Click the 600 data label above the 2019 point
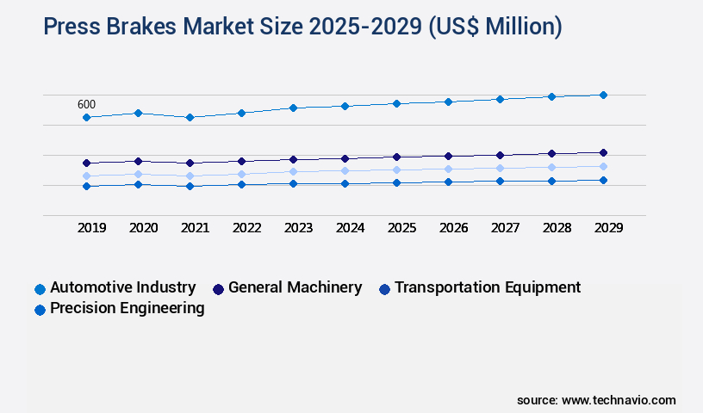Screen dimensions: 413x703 point(86,104)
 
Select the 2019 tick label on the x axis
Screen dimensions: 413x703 point(91,228)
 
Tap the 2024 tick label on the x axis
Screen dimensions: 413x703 point(350,228)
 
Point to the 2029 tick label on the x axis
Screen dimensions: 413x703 point(608,228)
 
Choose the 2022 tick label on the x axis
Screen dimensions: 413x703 point(246,228)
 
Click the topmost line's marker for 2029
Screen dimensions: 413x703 point(603,95)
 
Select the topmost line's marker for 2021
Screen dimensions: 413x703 point(190,117)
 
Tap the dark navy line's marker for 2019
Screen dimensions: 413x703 point(86,163)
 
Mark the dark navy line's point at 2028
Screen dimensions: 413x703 point(551,154)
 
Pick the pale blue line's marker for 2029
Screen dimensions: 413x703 point(603,166)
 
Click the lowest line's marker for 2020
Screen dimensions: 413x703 point(138,184)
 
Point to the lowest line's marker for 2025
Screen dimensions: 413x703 point(396,182)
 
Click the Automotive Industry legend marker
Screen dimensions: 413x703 point(40,289)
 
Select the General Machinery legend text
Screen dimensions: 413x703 point(295,287)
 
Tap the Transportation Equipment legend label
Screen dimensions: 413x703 point(488,287)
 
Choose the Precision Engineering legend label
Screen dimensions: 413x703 point(127,308)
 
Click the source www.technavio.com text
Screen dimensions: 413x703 point(596,400)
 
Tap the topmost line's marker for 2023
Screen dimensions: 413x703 point(293,108)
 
